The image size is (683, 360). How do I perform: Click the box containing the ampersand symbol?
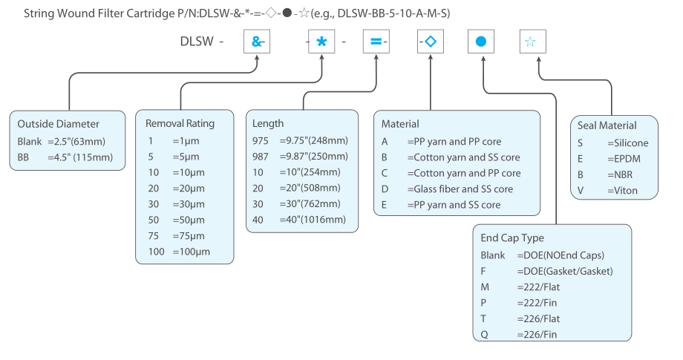point(257,42)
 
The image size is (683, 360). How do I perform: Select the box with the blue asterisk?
point(321,42)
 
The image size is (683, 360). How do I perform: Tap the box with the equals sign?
point(376,42)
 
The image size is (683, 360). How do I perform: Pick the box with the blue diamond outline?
point(431,42)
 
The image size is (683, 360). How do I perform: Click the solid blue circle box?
point(481,42)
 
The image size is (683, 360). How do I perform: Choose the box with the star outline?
point(533,42)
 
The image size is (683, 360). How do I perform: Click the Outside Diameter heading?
point(59,124)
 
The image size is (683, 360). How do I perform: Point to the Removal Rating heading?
point(180,124)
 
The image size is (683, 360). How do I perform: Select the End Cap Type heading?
point(512,238)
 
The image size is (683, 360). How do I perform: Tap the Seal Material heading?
point(607,125)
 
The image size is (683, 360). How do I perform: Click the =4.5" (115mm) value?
point(80,157)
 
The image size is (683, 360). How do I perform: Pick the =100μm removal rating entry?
point(192,252)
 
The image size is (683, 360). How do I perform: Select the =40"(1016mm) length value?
point(313,220)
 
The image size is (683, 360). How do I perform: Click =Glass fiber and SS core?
point(460,189)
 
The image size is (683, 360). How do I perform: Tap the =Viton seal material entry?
point(622,191)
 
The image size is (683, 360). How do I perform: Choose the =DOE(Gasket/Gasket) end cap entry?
point(565,271)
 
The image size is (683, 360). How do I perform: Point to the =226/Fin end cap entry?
point(537,334)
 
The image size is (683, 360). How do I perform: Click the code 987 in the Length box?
point(261,157)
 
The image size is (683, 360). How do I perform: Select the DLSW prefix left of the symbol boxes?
point(197,42)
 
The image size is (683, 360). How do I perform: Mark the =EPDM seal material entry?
point(624,159)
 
